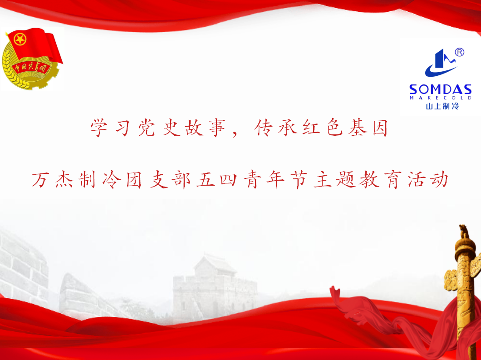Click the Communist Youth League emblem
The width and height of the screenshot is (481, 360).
pos(32,58)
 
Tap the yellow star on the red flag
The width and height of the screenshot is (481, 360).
pos(20,39)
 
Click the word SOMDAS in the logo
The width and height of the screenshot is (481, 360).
pos(440,89)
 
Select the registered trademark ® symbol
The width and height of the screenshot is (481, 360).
pos(459,52)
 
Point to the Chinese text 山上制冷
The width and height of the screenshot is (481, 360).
pos(442,106)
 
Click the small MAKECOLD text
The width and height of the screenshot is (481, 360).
pos(440,98)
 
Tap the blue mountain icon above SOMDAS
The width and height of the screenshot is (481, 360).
pos(441,63)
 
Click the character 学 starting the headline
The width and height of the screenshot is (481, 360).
pos(99,128)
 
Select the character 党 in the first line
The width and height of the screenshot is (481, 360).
pos(146,128)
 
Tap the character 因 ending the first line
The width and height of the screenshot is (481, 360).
pos(380,128)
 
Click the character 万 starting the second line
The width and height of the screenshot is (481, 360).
pos(40,180)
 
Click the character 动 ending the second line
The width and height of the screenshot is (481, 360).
pos(440,180)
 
